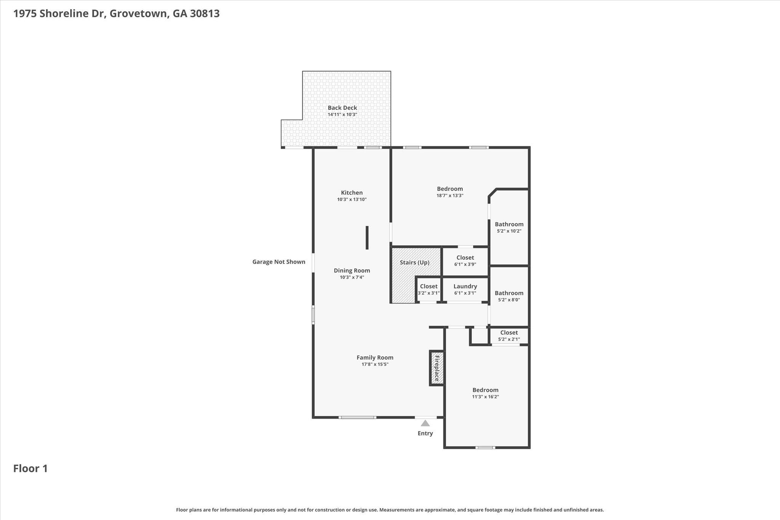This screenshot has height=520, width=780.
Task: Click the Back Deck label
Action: (342, 108)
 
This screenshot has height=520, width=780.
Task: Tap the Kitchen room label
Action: (352, 193)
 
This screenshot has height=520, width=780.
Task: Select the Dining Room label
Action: (352, 270)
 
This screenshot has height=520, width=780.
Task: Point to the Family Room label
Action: (375, 358)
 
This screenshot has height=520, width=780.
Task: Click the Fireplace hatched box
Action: (437, 368)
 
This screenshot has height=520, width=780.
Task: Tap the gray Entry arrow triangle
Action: (425, 423)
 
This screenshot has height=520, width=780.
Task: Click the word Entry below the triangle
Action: (425, 433)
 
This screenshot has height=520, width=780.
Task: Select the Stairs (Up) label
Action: (414, 262)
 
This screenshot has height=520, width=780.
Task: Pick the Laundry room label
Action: (465, 286)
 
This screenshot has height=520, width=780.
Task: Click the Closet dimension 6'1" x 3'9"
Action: (465, 264)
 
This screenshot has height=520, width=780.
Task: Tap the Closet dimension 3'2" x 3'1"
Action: (429, 293)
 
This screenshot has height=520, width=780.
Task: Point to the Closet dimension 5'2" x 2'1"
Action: (509, 339)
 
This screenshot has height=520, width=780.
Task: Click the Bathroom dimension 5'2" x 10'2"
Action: (509, 231)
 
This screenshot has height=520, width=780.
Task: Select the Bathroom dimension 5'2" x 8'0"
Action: (509, 300)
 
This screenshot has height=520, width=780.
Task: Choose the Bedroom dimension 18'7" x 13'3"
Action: (450, 195)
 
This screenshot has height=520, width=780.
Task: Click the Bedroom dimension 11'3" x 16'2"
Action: (485, 397)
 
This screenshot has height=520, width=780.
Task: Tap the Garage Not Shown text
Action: (279, 262)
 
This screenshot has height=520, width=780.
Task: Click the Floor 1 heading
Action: (30, 469)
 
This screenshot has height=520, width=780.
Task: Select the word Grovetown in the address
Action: (139, 14)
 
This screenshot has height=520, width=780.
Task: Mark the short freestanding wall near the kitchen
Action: (367, 238)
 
